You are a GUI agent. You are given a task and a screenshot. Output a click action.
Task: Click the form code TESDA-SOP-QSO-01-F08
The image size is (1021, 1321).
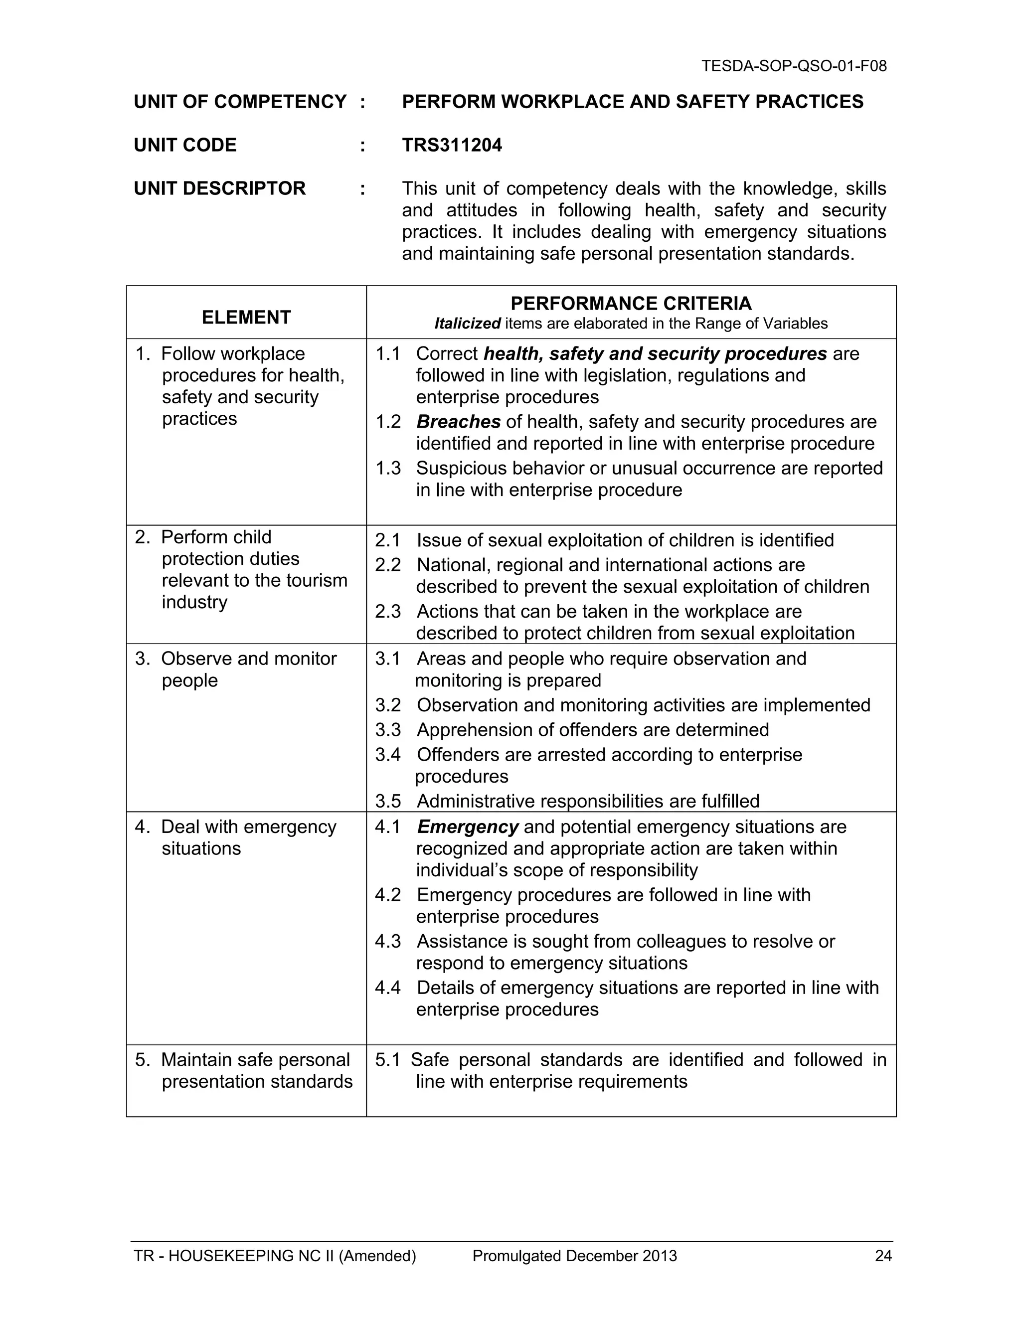[794, 66]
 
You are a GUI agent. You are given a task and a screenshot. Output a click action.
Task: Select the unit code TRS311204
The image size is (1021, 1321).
[451, 145]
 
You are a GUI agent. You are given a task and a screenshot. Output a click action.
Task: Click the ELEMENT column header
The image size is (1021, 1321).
[246, 317]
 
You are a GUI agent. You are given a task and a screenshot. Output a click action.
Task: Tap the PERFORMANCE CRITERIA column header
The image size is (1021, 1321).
[631, 303]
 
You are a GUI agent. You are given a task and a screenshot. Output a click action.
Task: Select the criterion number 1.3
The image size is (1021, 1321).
[388, 468]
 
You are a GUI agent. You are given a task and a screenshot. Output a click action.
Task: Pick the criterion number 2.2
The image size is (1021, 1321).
[388, 565]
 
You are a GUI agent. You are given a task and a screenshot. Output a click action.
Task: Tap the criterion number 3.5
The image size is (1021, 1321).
[388, 801]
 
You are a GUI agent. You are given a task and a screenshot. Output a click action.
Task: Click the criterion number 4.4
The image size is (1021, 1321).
[388, 988]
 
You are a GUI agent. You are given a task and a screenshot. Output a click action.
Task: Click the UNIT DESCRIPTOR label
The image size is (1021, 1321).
[219, 189]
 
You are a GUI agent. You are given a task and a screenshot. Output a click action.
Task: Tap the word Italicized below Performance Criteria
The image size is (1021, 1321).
[467, 324]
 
